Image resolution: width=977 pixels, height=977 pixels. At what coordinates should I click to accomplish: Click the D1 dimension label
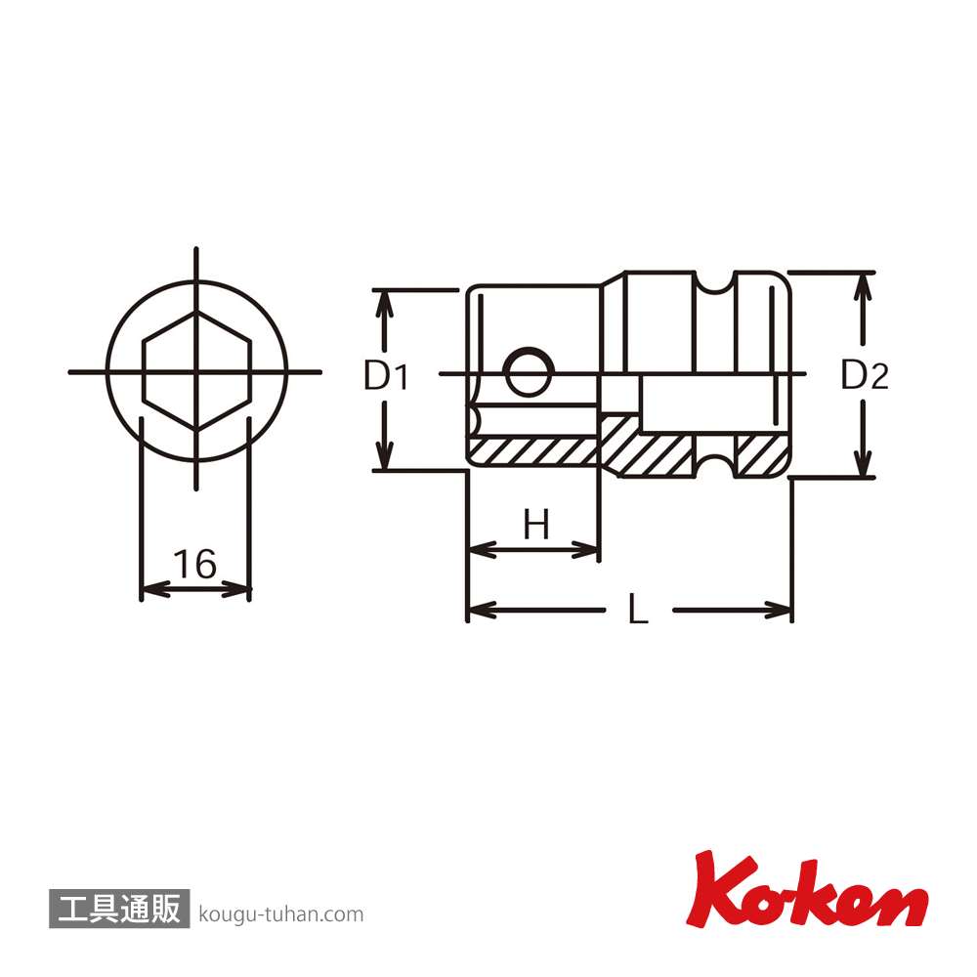(x=386, y=376)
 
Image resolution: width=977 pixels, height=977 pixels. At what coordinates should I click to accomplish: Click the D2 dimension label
(x=865, y=375)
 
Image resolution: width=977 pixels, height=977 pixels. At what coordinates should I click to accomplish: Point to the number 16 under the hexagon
(x=195, y=564)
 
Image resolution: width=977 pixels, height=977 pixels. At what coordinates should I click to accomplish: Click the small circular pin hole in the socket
(x=529, y=371)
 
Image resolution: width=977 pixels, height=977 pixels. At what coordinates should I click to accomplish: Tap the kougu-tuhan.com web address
(x=281, y=914)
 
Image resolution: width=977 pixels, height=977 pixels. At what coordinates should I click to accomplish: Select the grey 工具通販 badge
(x=119, y=908)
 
